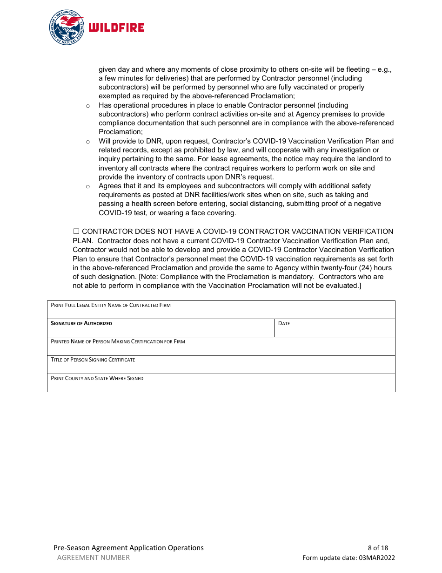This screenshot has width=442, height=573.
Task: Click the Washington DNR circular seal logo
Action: pos(67,27)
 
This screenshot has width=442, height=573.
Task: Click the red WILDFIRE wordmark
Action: pos(116,28)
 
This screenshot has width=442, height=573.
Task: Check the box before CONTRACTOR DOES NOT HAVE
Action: pos(76,232)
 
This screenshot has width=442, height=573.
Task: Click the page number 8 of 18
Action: pos(378,548)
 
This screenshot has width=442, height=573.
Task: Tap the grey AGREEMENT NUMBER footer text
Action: pos(94,558)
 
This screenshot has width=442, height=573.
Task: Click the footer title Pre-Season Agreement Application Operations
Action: pos(128,548)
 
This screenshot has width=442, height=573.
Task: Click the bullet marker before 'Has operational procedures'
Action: pos(87,106)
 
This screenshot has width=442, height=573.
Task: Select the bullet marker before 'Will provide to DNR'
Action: pos(87,142)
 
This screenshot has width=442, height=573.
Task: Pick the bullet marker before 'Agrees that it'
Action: pos(87,186)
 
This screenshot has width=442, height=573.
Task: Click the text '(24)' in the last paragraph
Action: pos(366,268)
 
